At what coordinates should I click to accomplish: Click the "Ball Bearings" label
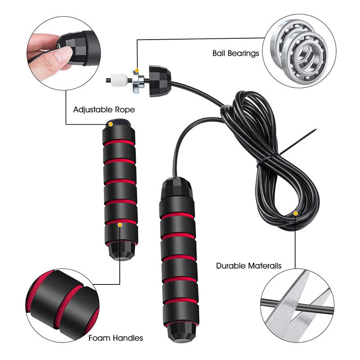[235, 54]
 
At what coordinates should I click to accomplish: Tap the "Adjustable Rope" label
[104, 110]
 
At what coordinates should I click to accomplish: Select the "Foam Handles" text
[116, 338]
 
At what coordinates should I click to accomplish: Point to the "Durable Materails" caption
[249, 266]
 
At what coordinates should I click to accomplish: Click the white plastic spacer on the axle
[119, 80]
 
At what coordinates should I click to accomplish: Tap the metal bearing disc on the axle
[137, 81]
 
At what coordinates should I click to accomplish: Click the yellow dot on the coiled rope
[296, 213]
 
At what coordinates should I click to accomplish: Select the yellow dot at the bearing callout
[137, 70]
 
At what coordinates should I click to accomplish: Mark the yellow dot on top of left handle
[111, 125]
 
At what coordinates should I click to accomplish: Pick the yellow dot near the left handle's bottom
[120, 225]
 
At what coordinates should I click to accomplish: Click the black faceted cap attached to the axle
[160, 81]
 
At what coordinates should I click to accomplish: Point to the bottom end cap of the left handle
[121, 251]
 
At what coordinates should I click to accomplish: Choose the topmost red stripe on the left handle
[119, 142]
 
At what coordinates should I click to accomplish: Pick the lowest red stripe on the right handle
[181, 302]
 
